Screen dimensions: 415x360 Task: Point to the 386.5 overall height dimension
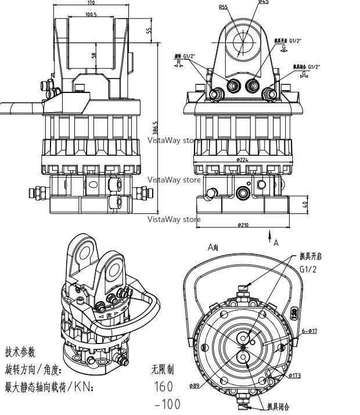(156, 127)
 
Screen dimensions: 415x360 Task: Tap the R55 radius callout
(223, 8)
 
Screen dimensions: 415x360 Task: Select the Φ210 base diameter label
(242, 225)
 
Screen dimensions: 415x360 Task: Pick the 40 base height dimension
(305, 205)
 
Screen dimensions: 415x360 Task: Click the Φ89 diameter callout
(195, 385)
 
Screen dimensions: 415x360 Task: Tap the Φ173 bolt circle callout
(294, 375)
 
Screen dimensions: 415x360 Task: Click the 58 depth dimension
(93, 55)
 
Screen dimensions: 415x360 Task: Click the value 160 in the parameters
(164, 385)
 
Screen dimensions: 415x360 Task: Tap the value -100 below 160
(167, 403)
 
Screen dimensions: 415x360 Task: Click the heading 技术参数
(20, 352)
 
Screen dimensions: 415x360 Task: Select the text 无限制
(163, 369)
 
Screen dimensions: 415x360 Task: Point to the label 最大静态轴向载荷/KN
(49, 387)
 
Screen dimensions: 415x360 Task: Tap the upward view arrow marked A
(271, 235)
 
